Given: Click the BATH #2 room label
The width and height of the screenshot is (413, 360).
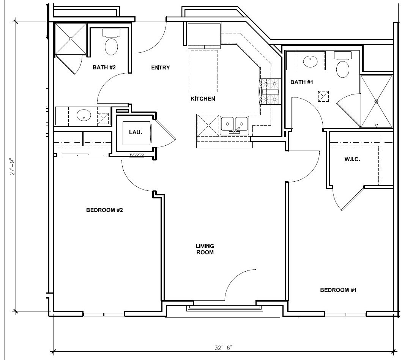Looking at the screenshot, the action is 104,68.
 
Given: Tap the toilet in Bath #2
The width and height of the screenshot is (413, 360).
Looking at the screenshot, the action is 112,43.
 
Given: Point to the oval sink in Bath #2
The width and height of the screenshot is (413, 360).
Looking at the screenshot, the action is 84,115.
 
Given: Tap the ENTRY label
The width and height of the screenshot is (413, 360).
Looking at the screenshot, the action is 161,68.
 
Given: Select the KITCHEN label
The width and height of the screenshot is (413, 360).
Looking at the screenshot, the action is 203,99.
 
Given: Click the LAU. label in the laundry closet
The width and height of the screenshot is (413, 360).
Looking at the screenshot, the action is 136,132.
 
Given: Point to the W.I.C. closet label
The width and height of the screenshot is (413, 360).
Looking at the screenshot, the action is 352,159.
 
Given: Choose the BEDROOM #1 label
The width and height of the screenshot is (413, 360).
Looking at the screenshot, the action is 338,290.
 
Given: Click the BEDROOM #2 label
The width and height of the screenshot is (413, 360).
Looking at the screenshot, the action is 104,210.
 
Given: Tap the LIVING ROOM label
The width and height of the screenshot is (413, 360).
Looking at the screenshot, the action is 205,249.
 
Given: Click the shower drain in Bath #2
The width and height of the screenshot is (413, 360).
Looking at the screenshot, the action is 71,39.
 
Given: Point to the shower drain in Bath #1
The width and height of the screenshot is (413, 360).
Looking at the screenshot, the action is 377,101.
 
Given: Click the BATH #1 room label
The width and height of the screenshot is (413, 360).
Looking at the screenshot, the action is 301,82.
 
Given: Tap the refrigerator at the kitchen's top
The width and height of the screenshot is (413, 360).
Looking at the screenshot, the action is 204,35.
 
